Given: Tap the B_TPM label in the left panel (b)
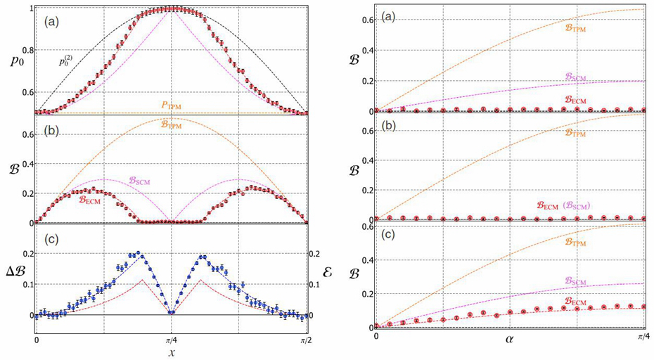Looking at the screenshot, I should click(172, 124).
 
